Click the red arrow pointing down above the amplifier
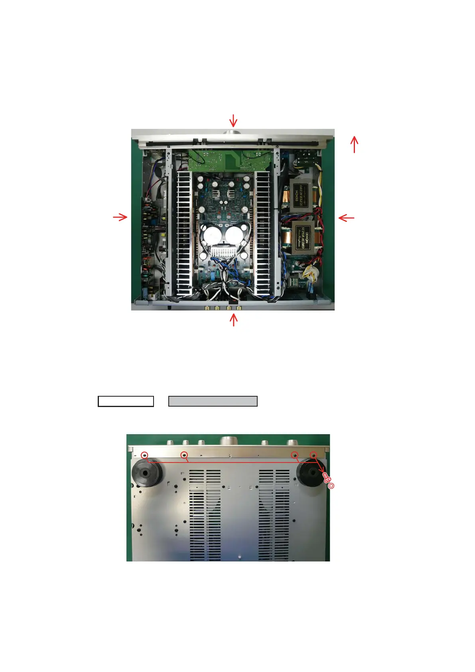233,121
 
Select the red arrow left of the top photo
120,217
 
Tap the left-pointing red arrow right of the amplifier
346,218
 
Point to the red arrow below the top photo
234,320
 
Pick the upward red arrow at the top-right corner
354,144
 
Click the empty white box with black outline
126,401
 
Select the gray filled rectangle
213,401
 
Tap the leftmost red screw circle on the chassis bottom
145,455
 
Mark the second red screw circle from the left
184,455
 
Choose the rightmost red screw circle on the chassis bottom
313,455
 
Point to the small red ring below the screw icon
331,486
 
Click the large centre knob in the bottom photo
228,441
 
